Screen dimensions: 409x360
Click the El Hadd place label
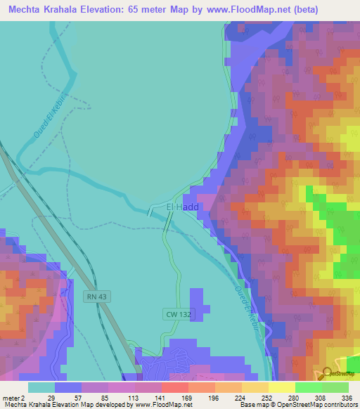[x=182, y=207]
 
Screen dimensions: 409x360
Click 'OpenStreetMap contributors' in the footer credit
[x=322, y=405]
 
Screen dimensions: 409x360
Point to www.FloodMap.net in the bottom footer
[x=162, y=405]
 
